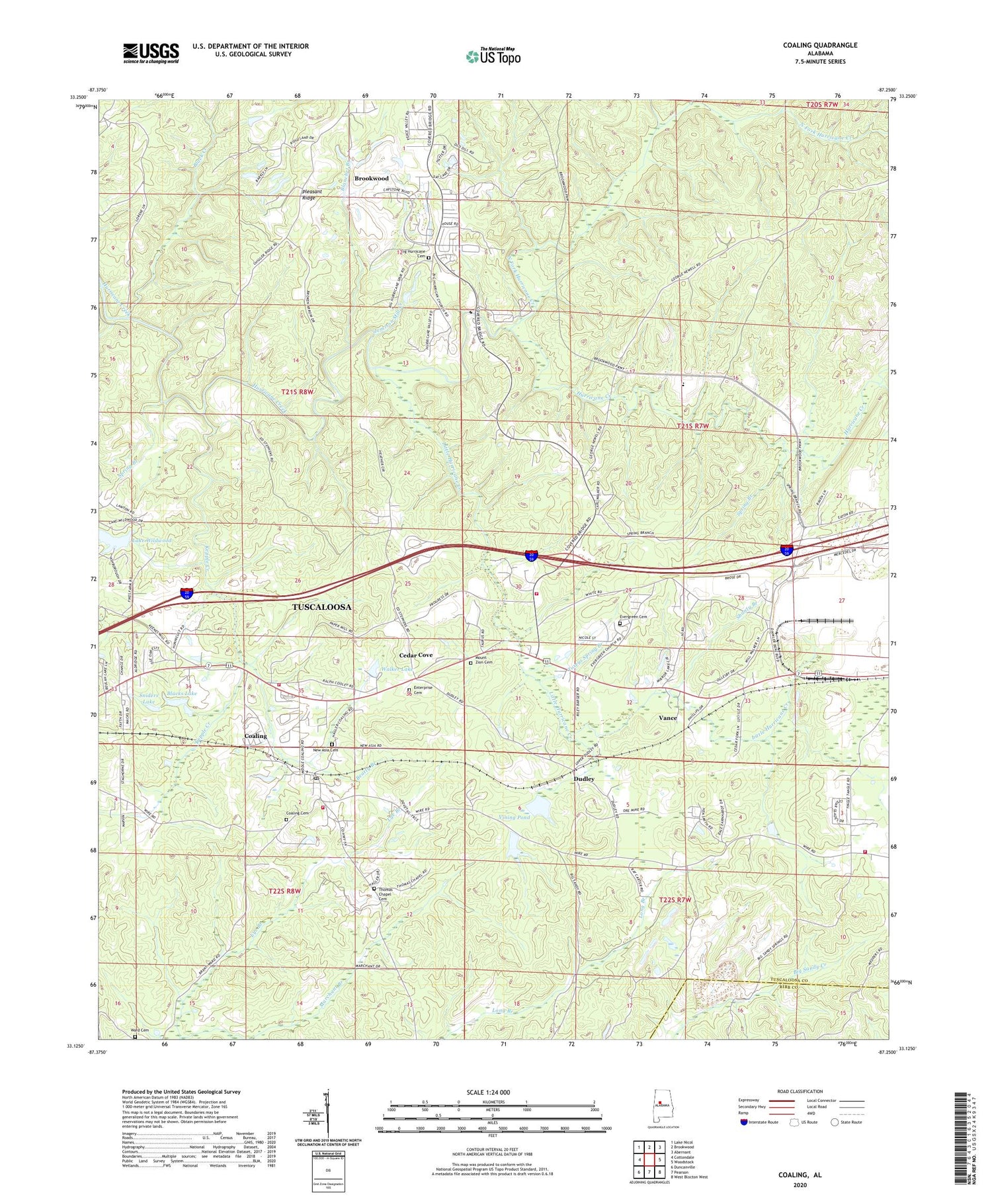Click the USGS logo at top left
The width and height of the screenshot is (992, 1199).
click(x=151, y=53)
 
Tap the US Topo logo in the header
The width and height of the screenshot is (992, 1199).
click(x=493, y=57)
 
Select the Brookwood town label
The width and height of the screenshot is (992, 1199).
click(x=371, y=179)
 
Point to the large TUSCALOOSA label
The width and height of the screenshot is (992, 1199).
click(x=322, y=606)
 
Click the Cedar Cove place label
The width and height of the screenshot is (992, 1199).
click(x=416, y=655)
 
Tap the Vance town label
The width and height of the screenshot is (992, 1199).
click(x=668, y=718)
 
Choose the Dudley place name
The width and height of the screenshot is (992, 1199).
click(x=584, y=779)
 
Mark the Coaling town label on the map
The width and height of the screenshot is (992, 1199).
click(x=256, y=736)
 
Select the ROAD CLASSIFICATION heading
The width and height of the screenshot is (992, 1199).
click(x=800, y=1091)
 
